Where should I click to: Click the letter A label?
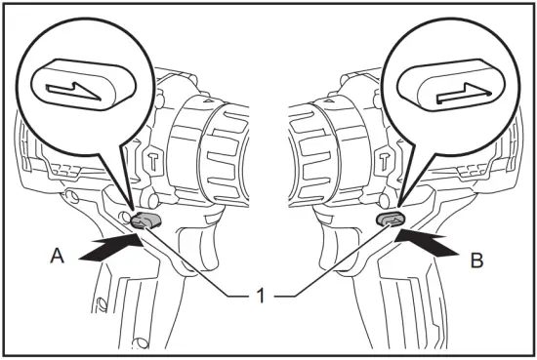[x=59, y=257]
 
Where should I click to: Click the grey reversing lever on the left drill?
[x=145, y=220]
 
